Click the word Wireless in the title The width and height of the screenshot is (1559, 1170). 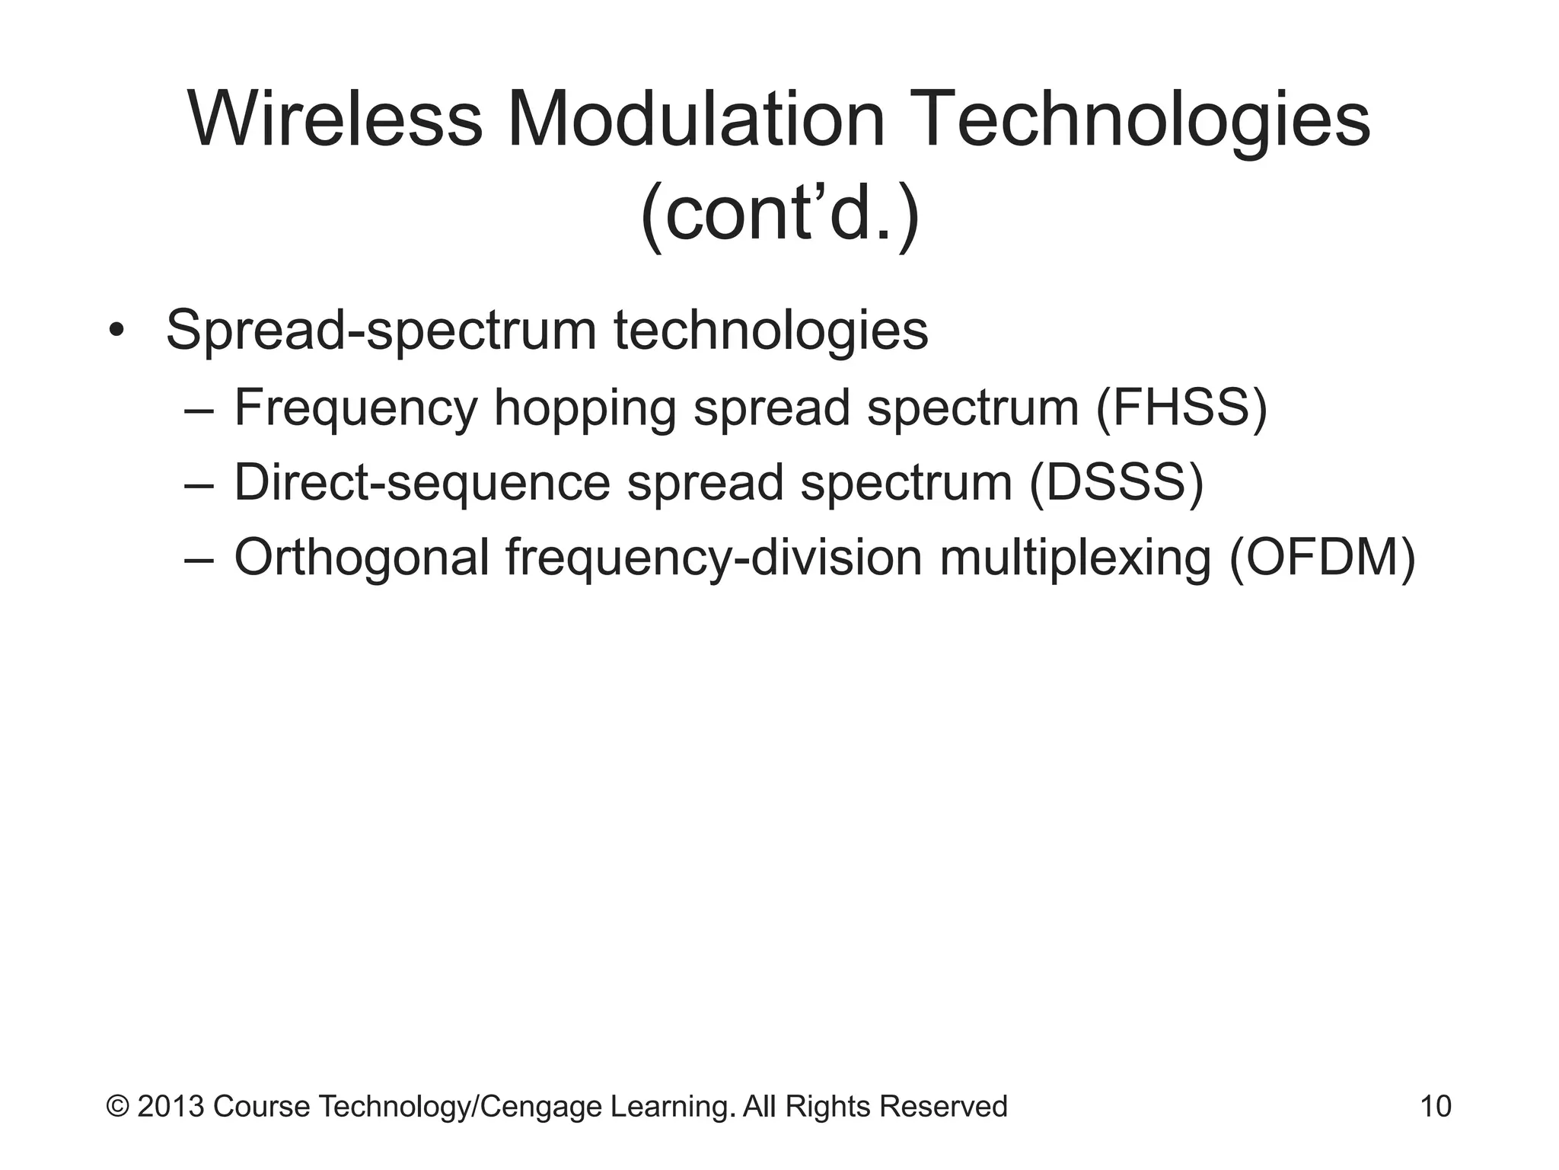point(335,120)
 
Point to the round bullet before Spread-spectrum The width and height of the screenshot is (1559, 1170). point(116,332)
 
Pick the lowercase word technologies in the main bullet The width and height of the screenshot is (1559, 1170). point(770,331)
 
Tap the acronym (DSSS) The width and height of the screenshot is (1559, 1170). point(1116,483)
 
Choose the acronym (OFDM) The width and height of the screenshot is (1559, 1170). point(1322,558)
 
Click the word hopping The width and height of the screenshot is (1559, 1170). point(585,409)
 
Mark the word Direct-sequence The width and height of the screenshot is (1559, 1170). point(422,483)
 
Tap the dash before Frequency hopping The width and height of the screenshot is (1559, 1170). point(199,410)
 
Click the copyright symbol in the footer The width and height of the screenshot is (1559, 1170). point(117,1106)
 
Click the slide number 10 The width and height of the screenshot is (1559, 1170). point(1436,1106)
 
